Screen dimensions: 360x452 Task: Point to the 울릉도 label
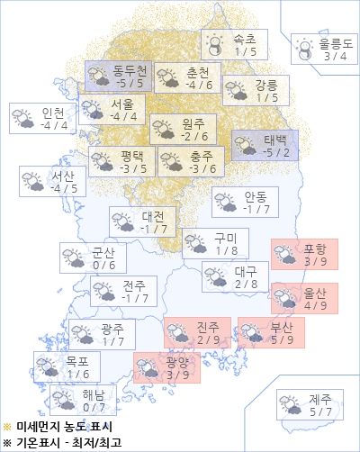tap(336, 43)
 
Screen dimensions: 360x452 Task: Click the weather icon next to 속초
tap(214, 45)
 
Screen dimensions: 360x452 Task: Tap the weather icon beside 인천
tap(22, 118)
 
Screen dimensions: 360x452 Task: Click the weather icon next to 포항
tap(285, 255)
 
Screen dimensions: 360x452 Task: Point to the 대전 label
tap(153, 216)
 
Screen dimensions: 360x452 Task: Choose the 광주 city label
tap(112, 329)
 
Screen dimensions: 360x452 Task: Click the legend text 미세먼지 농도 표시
tap(60, 426)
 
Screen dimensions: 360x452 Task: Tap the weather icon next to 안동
tap(225, 203)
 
